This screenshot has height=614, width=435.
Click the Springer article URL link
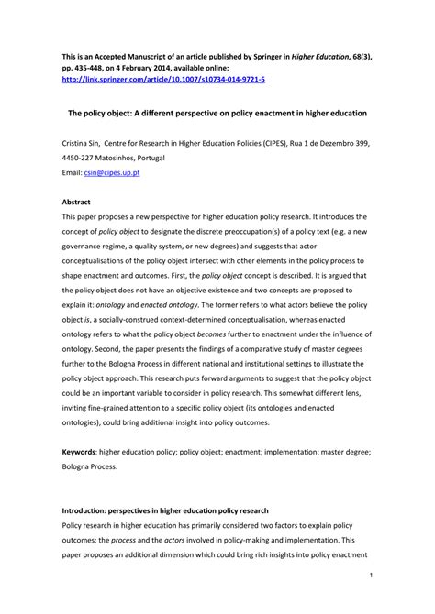163,80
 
